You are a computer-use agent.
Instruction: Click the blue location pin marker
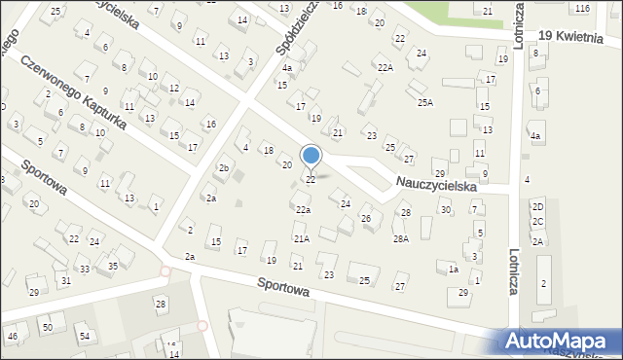coord(311,156)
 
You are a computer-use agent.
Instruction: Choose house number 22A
coord(385,67)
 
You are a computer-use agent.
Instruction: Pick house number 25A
coord(424,102)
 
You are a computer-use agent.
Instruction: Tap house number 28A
coord(400,238)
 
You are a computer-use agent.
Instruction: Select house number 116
coord(582,8)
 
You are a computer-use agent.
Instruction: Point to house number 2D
coord(537,206)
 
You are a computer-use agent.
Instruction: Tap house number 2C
coord(537,222)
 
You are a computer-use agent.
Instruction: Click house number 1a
coord(454,269)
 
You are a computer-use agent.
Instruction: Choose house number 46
coord(12,337)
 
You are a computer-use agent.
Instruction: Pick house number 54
coord(85,337)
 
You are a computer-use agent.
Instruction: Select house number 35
coord(114,266)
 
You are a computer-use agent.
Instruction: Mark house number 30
coord(445,210)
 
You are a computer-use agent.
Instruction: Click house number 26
coord(366,219)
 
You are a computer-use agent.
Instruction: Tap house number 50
coord(47,328)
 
